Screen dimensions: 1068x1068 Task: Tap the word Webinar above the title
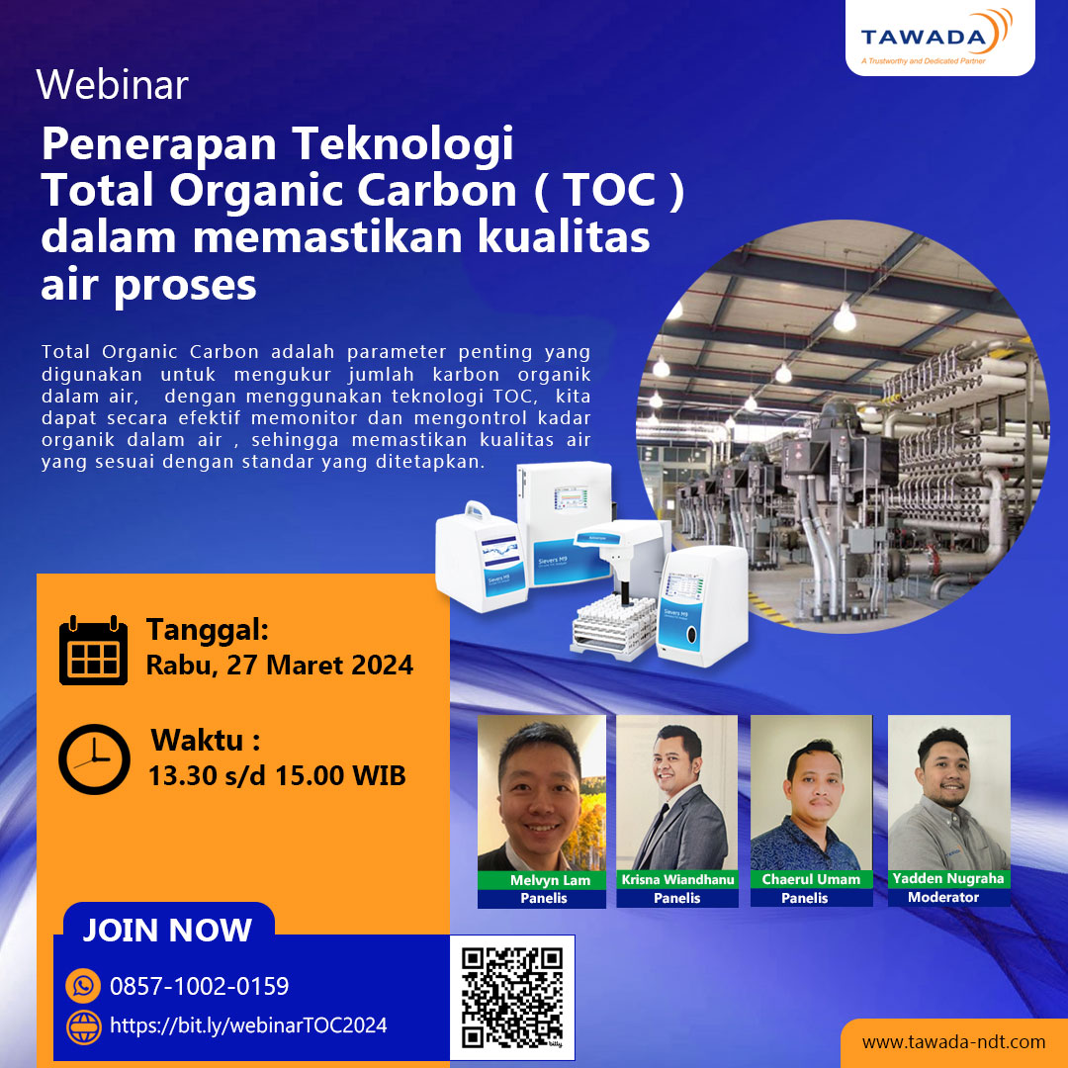(x=112, y=85)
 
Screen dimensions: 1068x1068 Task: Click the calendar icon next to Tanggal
(x=93, y=650)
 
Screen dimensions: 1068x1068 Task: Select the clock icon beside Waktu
(x=94, y=759)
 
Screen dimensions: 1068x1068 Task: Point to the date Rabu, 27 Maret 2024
(x=280, y=665)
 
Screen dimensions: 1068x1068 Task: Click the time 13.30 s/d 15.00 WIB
(x=277, y=775)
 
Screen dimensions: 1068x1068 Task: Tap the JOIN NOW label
(x=167, y=931)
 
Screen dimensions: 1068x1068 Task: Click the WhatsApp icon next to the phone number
(x=84, y=986)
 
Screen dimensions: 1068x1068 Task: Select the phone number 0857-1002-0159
(x=200, y=986)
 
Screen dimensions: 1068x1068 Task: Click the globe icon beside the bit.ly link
(x=84, y=1026)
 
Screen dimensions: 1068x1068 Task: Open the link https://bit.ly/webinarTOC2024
(x=248, y=1025)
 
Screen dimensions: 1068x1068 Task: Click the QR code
(x=512, y=997)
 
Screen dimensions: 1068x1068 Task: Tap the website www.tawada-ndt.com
(x=953, y=1042)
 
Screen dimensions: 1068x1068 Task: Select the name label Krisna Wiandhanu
(x=677, y=880)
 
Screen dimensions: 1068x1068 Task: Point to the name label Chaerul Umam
(x=811, y=879)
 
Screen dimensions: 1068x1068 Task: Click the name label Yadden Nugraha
(x=947, y=878)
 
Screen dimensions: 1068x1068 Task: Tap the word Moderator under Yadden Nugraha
(x=943, y=897)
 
